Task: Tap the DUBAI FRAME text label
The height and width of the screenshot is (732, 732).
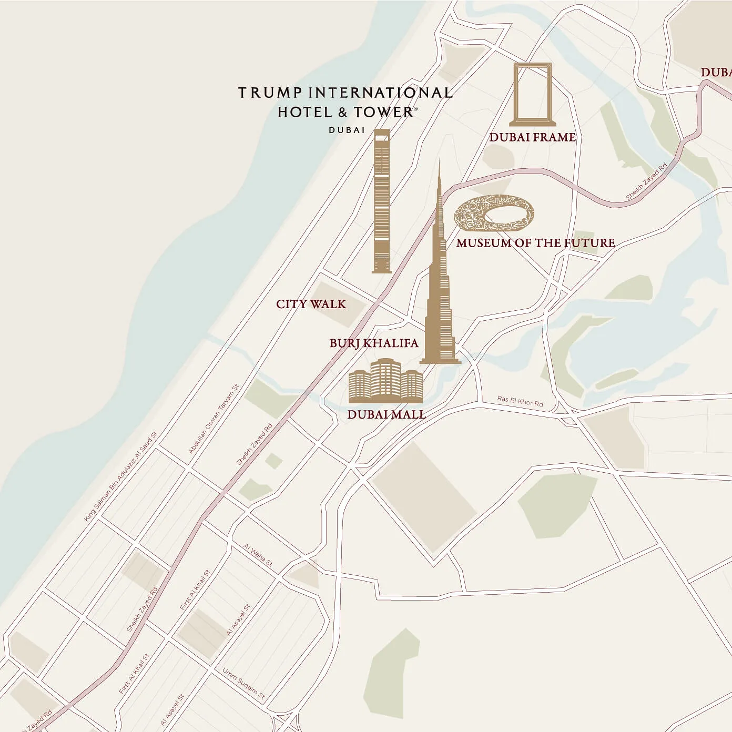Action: (532, 137)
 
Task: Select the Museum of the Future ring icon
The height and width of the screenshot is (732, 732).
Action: (494, 213)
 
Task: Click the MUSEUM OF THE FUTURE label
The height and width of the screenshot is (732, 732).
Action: (535, 243)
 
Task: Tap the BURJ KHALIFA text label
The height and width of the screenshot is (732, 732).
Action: (374, 343)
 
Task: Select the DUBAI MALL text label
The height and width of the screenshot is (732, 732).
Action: (386, 414)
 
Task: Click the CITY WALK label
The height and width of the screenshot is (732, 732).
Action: (311, 304)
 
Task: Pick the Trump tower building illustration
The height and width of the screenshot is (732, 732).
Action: (382, 202)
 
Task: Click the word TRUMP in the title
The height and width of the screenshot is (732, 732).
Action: (270, 93)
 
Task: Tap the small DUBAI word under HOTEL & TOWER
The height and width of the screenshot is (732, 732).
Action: (347, 130)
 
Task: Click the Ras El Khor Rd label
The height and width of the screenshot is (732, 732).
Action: (520, 401)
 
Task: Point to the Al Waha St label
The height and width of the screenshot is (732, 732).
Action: (258, 555)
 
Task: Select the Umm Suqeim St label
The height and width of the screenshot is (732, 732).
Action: (243, 684)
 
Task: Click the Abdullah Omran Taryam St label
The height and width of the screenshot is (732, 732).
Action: (213, 419)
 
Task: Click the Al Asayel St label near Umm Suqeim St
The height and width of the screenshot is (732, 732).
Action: (238, 621)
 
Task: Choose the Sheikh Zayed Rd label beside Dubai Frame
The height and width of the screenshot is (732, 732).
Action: (646, 181)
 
